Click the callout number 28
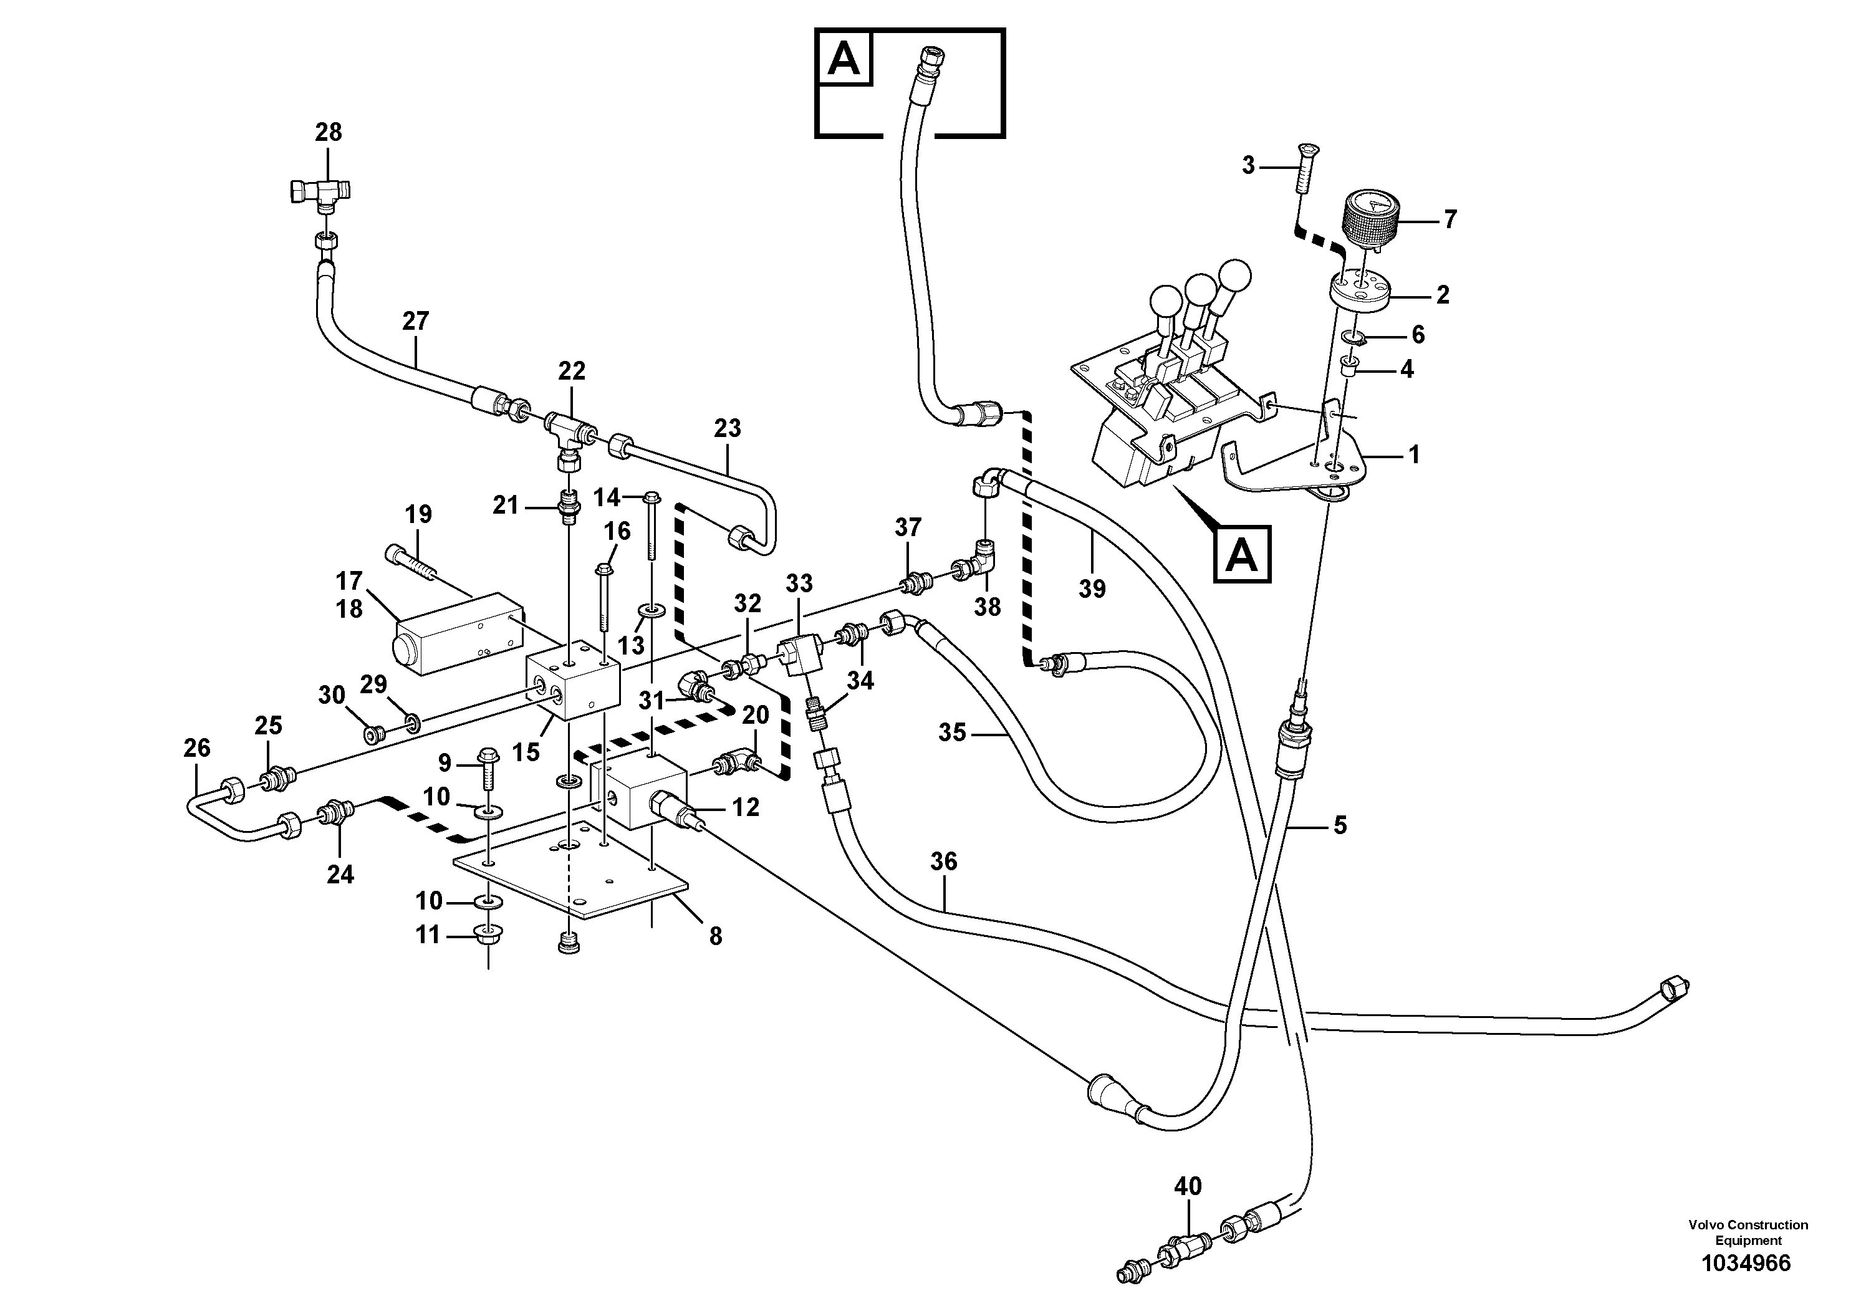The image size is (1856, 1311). [328, 132]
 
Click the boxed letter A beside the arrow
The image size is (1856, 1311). [1242, 554]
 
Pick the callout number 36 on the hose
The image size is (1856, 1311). [943, 862]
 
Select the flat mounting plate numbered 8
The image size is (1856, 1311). [570, 877]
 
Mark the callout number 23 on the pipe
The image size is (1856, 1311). [727, 428]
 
